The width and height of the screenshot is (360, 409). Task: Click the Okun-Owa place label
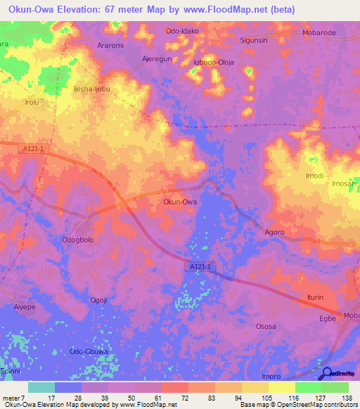click(x=179, y=202)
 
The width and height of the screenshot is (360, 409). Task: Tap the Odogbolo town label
click(x=78, y=240)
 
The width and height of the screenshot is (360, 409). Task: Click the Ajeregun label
click(x=157, y=59)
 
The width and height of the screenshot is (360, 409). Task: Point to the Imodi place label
click(x=314, y=176)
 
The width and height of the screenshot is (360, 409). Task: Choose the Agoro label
click(x=274, y=232)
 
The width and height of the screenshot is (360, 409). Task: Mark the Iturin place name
click(x=314, y=297)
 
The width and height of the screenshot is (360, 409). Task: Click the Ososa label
click(x=265, y=326)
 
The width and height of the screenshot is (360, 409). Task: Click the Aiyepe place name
click(x=24, y=307)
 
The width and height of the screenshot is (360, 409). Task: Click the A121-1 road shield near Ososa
click(x=200, y=266)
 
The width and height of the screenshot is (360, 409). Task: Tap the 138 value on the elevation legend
click(x=347, y=398)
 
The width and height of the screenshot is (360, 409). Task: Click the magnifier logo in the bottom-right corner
click(x=327, y=374)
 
